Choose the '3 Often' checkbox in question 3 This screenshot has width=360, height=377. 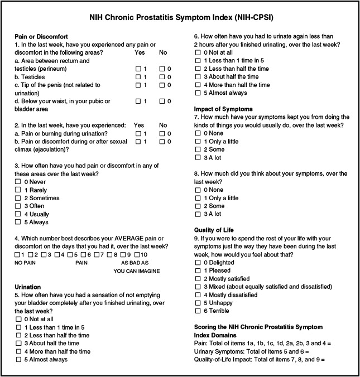tap(18, 206)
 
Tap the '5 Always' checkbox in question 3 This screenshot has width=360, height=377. tap(18, 221)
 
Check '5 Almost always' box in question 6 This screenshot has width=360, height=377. tap(198, 93)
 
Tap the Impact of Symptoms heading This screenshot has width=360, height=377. tap(223, 109)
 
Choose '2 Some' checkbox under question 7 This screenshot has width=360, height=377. tap(198, 150)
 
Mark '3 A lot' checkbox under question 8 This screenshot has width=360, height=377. tap(198, 214)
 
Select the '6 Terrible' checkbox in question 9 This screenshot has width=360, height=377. tap(198, 311)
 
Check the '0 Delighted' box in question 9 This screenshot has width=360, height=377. tap(198, 262)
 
